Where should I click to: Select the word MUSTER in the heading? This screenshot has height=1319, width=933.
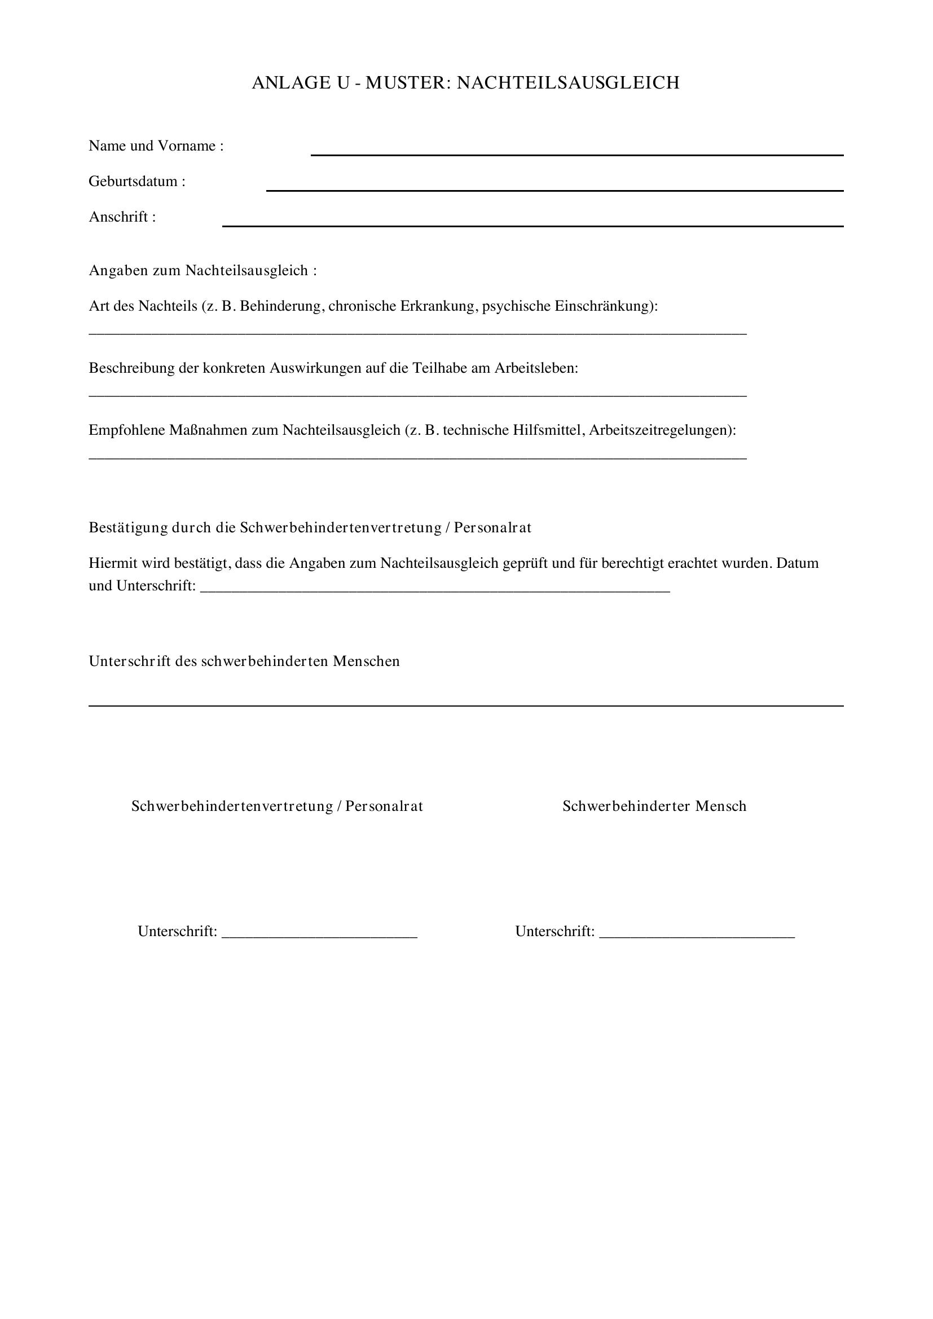click(404, 83)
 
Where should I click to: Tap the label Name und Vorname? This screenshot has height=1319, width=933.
click(156, 146)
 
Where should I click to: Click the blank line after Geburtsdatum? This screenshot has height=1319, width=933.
click(554, 190)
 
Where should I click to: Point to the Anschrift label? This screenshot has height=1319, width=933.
click(122, 217)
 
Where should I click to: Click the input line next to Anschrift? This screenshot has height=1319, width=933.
click(532, 226)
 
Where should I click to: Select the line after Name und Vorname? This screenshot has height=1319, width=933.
click(577, 155)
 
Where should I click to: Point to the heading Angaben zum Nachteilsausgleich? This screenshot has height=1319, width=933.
click(203, 271)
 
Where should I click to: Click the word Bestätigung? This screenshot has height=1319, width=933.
click(127, 528)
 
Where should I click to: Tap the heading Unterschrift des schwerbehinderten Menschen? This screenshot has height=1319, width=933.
click(244, 661)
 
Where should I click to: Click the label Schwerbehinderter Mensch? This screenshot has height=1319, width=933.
click(654, 806)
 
